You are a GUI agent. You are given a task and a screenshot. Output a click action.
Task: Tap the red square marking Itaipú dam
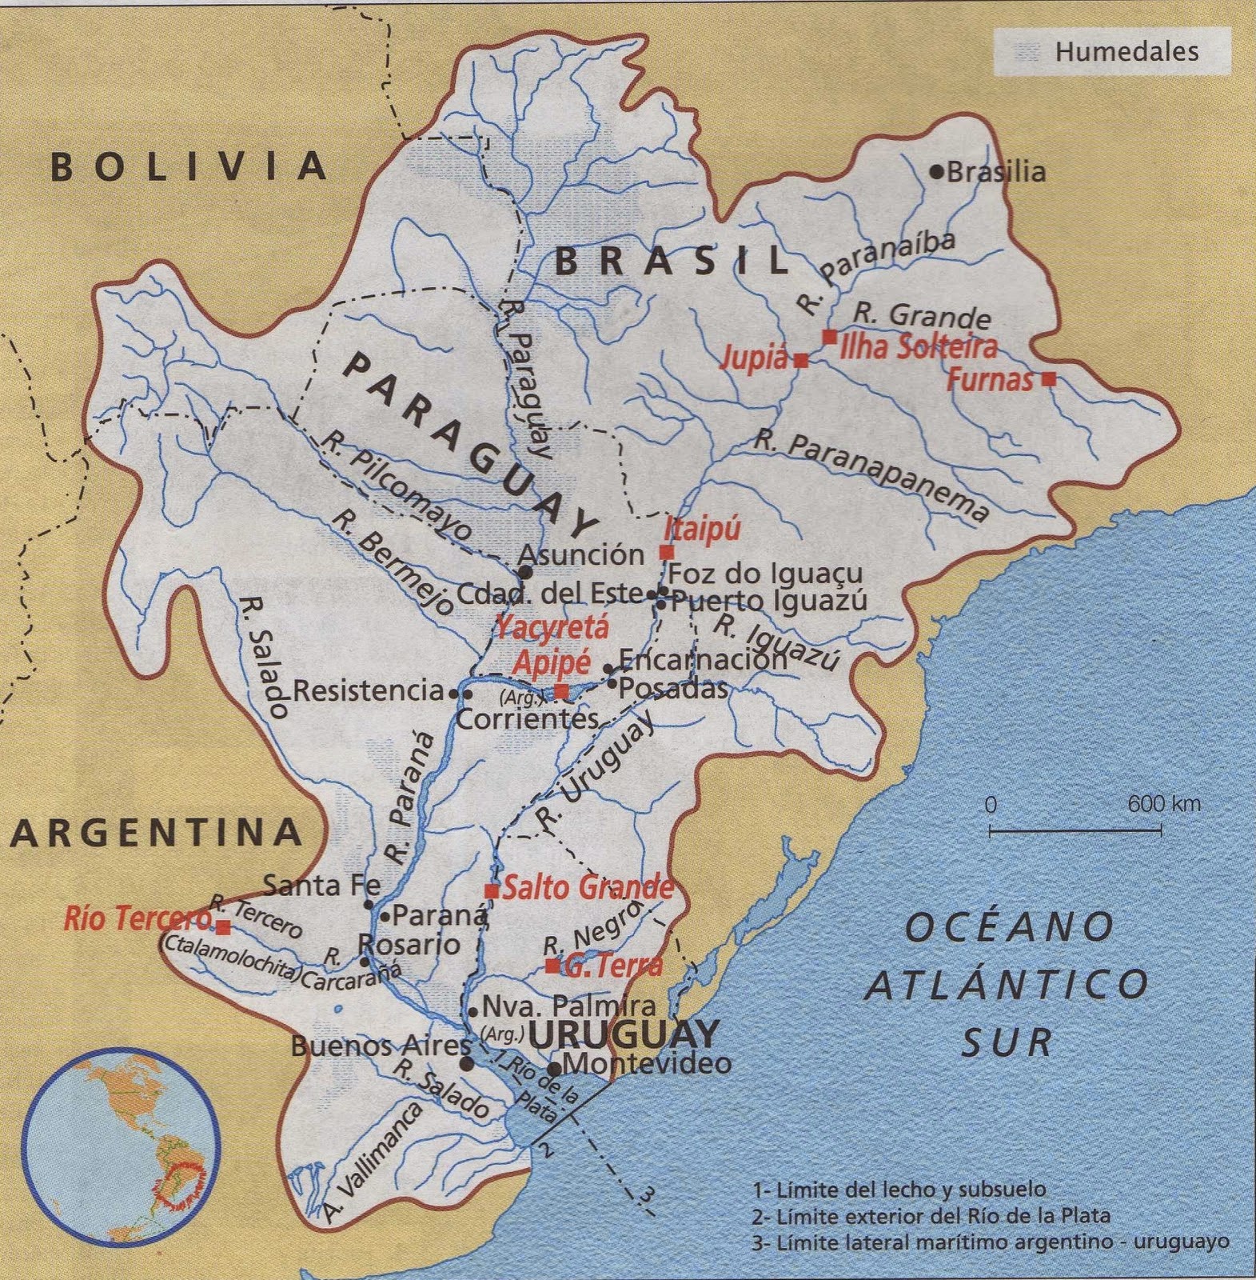coord(666,552)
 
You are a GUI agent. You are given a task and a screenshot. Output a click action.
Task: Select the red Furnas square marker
coord(1049,380)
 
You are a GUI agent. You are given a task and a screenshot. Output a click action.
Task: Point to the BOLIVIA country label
coord(189,166)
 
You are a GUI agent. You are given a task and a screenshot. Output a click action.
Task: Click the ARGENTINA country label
coord(157,834)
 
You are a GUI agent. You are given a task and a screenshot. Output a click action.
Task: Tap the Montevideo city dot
coord(554,1069)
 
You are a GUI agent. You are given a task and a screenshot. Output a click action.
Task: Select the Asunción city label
coord(581,554)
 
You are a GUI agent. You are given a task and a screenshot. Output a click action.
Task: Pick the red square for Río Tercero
coord(224,927)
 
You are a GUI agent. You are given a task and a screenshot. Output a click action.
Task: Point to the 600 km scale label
coord(1164,804)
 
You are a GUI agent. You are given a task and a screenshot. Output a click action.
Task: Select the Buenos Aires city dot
coord(467,1064)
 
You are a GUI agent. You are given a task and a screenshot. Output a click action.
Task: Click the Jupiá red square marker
coord(801,361)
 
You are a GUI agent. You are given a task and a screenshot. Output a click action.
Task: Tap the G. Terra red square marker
coord(552,966)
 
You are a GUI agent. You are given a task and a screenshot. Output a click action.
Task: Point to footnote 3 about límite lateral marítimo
coord(990,1242)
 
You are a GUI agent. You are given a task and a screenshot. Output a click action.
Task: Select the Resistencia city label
coord(368,690)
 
